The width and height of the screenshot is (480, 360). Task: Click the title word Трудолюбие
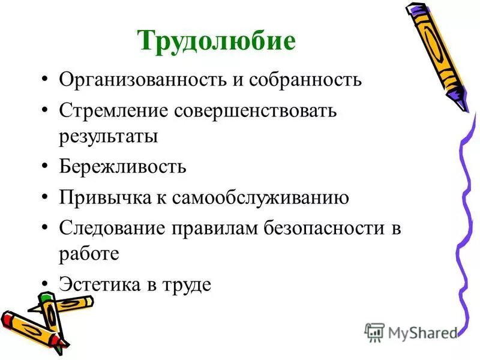coord(217,41)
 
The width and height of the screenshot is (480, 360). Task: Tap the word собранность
coord(304,80)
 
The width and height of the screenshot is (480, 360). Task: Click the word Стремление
coord(113,111)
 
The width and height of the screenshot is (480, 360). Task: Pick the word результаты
coord(108,136)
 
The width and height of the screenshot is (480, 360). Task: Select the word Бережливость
coord(122,166)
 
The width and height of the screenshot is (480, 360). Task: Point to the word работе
coord(89,254)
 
